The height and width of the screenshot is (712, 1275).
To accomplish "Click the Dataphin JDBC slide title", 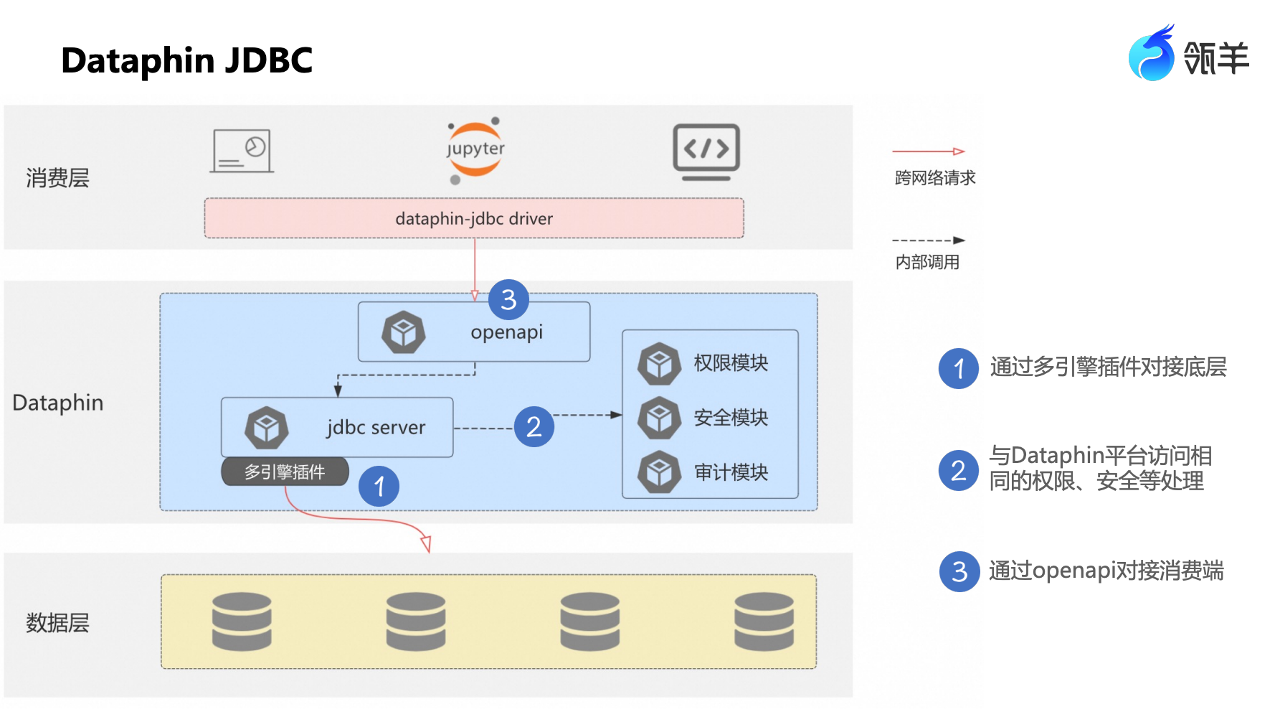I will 186,60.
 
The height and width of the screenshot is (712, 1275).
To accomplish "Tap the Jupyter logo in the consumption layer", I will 475,149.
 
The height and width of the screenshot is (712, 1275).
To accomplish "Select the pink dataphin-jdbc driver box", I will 474,218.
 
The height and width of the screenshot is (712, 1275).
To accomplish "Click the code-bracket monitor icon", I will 706,151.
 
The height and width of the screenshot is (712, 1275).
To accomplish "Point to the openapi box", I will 474,332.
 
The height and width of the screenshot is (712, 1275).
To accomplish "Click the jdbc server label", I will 376,428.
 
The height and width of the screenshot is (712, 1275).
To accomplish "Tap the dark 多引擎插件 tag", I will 285,472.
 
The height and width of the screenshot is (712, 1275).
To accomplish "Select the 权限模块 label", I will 731,363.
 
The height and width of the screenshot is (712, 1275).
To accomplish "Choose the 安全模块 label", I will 731,418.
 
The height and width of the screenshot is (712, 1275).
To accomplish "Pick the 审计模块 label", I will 731,472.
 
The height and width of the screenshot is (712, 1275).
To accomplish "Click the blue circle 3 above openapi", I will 508,300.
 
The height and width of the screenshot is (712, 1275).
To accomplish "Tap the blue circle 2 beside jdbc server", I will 534,427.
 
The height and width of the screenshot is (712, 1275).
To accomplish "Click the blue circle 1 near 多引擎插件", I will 379,487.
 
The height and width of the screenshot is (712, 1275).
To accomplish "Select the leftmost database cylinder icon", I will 242,622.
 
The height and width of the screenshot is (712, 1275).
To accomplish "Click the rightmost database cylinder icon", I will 764,622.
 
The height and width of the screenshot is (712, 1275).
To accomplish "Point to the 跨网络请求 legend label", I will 935,178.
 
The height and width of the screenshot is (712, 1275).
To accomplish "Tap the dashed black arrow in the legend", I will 928,240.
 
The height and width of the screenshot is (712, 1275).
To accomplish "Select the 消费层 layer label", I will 57,178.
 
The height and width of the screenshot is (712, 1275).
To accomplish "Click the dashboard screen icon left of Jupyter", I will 242,151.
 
